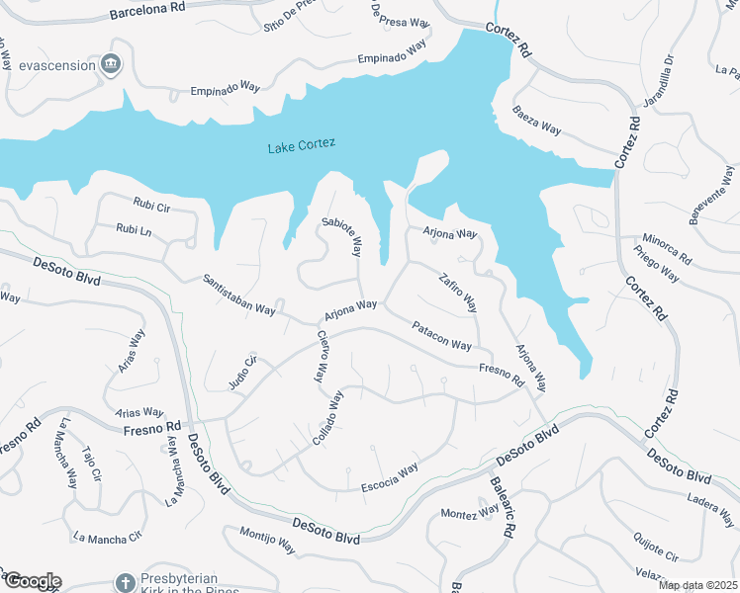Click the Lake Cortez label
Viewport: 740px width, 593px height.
point(302,144)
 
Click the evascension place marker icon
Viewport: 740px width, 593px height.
point(111,65)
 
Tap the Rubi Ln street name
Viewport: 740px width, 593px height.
point(134,229)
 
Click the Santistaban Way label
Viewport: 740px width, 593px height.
point(238,295)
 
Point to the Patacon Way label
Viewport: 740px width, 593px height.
point(442,336)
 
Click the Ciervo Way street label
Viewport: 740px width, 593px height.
point(321,357)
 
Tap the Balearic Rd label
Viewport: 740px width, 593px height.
point(501,507)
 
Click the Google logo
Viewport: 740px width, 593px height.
point(32,581)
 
